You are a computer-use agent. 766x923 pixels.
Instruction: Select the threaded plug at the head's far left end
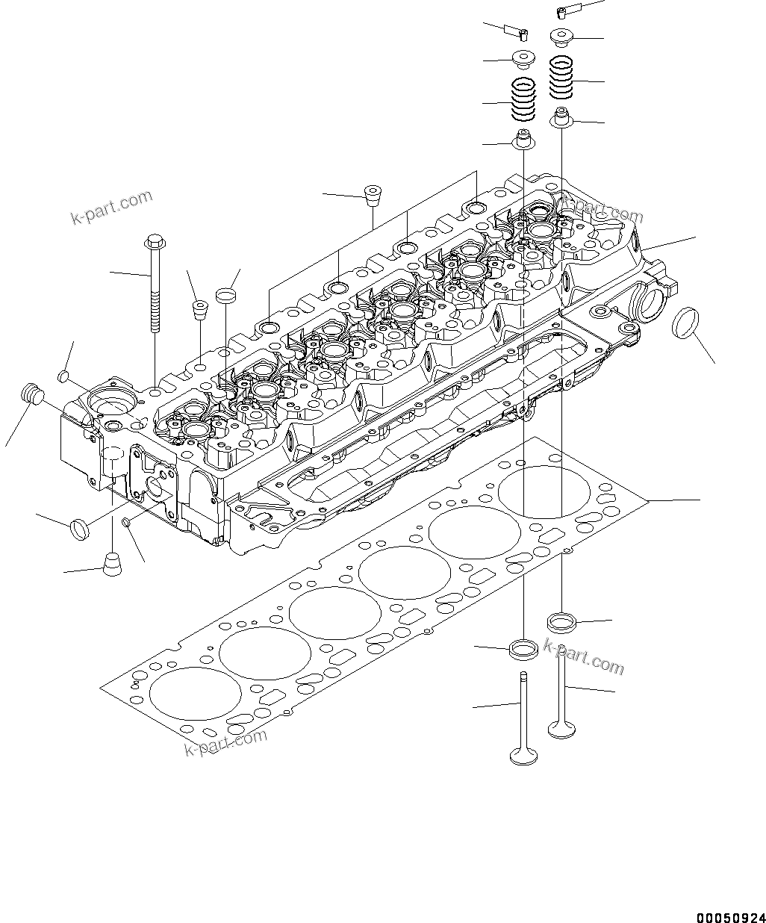click(31, 393)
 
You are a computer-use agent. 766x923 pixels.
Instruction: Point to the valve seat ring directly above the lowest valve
click(523, 648)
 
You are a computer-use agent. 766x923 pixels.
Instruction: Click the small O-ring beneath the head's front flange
click(128, 521)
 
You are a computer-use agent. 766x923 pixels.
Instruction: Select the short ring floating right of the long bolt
click(226, 295)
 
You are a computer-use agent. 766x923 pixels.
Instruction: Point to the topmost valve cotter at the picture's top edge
click(565, 11)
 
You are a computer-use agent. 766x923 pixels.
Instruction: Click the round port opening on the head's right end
click(648, 304)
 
